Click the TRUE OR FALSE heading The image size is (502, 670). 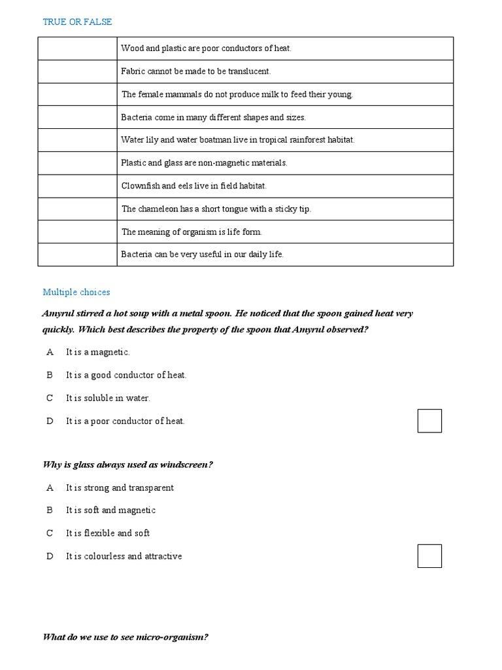77,22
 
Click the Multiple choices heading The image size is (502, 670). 76,292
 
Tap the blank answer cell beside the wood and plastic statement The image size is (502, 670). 77,48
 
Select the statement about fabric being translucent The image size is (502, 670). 195,71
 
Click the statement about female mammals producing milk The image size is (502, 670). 237,94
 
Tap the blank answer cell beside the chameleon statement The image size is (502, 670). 77,209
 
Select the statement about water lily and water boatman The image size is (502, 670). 237,140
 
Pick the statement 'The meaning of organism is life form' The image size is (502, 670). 191,232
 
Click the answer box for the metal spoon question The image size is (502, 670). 429,421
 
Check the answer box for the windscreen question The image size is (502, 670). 429,556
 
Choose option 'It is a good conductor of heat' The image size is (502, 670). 126,375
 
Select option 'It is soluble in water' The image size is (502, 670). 108,398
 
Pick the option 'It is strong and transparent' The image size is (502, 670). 120,487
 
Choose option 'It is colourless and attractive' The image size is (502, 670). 124,556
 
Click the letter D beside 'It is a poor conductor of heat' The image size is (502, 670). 50,421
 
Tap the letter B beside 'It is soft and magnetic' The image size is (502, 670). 50,510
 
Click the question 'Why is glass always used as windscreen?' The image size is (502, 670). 128,465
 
